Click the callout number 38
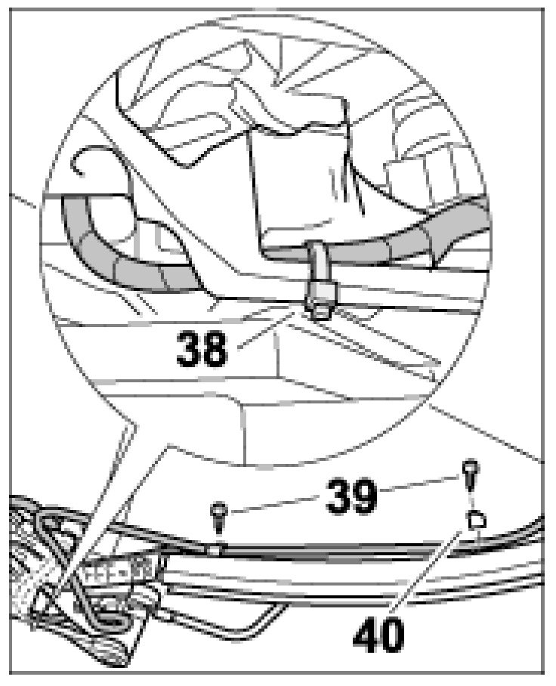202,348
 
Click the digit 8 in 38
215,348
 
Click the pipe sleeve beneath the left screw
216,549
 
